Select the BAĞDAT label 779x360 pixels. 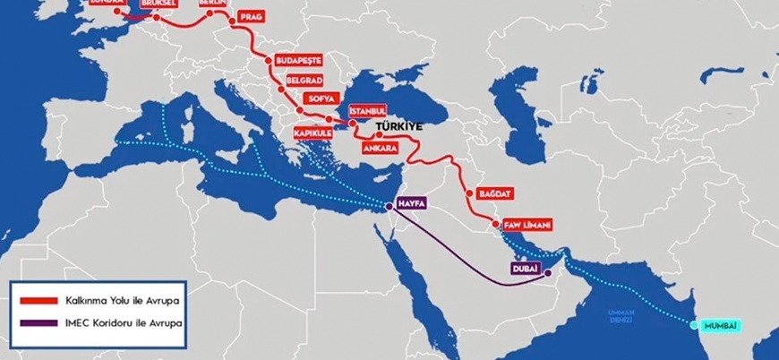click(x=496, y=193)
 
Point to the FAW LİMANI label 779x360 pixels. click(x=521, y=223)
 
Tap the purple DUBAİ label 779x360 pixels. click(x=525, y=268)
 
